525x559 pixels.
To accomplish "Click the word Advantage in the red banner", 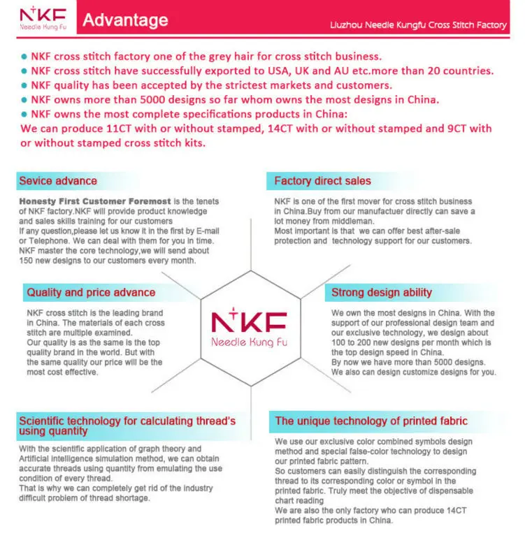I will coord(125,20).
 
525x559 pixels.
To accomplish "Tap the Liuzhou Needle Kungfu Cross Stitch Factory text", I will coord(418,24).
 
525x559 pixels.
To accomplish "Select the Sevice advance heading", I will coord(58,181).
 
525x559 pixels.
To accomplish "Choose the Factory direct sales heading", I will coord(322,181).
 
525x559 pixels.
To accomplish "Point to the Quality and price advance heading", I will coord(91,292).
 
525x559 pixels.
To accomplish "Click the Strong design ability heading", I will coord(381,292).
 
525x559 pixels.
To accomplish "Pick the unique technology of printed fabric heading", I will coord(371,421).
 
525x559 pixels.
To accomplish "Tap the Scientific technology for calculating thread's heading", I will coord(127,421).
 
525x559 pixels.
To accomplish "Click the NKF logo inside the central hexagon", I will coord(249,322).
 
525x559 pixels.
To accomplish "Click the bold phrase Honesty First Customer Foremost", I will coord(94,202).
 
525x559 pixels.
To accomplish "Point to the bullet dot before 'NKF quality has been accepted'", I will coord(24,86).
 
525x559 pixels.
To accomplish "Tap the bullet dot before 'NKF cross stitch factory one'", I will coord(24,57).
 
